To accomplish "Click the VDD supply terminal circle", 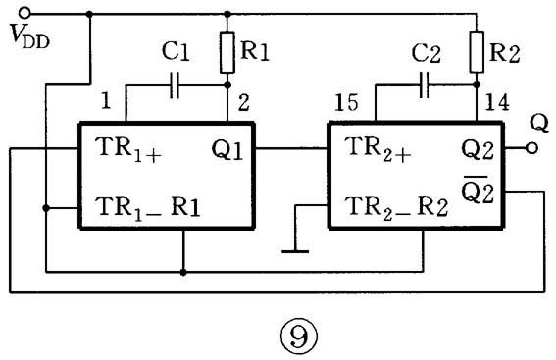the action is point(25,14).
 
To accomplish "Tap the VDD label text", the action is point(30,36).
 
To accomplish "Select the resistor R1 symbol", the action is point(227,53).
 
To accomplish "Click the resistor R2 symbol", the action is point(477,52).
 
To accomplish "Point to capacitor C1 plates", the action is point(175,85).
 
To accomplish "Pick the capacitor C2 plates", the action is point(424,84).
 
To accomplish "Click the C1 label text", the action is point(176,51).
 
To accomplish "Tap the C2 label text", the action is point(427,53).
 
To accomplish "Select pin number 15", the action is point(346,103).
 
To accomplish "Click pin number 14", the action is point(497,102).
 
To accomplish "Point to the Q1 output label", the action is point(227,150).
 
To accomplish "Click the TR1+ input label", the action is point(128,149).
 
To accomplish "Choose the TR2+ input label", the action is point(378,149).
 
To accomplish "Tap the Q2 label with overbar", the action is point(478,189).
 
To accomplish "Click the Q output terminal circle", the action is point(531,148).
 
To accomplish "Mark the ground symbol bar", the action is point(295,251).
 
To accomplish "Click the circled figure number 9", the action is point(299,336).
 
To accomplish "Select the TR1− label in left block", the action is point(129,208).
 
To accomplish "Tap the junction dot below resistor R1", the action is point(227,85).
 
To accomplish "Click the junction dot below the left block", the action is point(183,272).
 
